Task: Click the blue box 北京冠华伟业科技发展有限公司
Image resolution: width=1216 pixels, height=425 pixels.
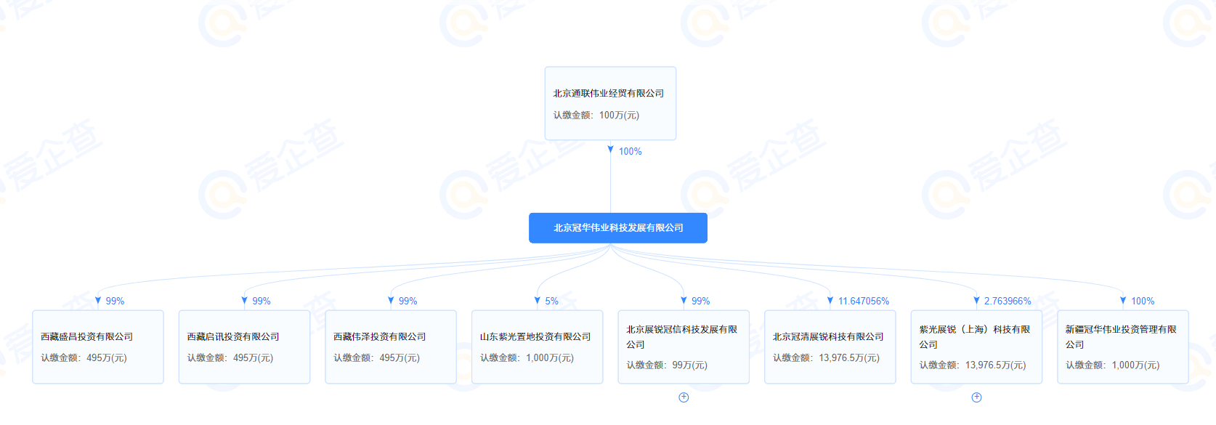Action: tap(617, 228)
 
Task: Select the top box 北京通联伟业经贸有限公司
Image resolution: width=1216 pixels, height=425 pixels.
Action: tap(610, 103)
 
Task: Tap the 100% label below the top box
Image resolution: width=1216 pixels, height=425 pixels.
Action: tap(630, 151)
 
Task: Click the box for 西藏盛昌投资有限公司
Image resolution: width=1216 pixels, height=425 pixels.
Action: tap(98, 347)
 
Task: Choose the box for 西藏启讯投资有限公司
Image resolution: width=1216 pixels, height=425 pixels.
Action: tap(244, 347)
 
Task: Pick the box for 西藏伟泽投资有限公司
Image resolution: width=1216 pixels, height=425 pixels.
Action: tap(391, 347)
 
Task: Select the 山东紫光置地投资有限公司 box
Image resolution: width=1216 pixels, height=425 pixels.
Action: tap(538, 347)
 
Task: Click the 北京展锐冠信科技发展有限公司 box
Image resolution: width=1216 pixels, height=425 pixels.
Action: tap(684, 347)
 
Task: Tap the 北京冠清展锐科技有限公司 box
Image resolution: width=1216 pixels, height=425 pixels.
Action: tap(830, 347)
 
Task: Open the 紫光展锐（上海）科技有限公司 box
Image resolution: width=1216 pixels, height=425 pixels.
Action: tap(976, 347)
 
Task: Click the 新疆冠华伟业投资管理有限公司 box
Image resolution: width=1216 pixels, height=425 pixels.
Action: tap(1123, 347)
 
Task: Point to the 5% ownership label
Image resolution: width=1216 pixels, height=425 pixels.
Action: tap(551, 301)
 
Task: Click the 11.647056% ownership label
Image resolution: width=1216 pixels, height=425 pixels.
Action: tap(863, 301)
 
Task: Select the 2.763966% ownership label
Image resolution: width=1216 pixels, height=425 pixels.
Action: tap(1008, 301)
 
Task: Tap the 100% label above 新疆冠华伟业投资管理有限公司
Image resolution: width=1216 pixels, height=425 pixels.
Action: tap(1143, 301)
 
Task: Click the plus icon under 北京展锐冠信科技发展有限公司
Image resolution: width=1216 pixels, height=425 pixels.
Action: tap(684, 397)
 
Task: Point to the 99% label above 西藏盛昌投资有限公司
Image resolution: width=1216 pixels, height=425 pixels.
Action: tap(115, 301)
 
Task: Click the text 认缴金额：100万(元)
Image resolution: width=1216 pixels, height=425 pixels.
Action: tap(596, 115)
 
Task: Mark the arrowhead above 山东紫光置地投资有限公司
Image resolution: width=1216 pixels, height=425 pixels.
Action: tap(538, 300)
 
